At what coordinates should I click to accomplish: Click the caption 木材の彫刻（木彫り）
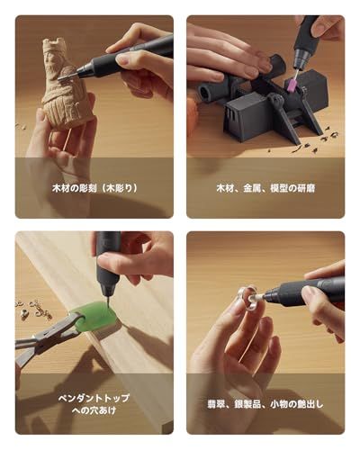point(94,188)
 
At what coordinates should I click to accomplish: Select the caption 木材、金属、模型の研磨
point(265,188)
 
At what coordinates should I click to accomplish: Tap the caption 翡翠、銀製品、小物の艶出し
point(265,404)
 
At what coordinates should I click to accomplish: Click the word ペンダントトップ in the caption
point(94,399)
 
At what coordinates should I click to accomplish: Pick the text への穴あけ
point(94,410)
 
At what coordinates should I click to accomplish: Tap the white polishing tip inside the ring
point(255,298)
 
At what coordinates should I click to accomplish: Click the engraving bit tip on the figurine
point(64,76)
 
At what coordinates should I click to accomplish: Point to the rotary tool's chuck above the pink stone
point(301,58)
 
